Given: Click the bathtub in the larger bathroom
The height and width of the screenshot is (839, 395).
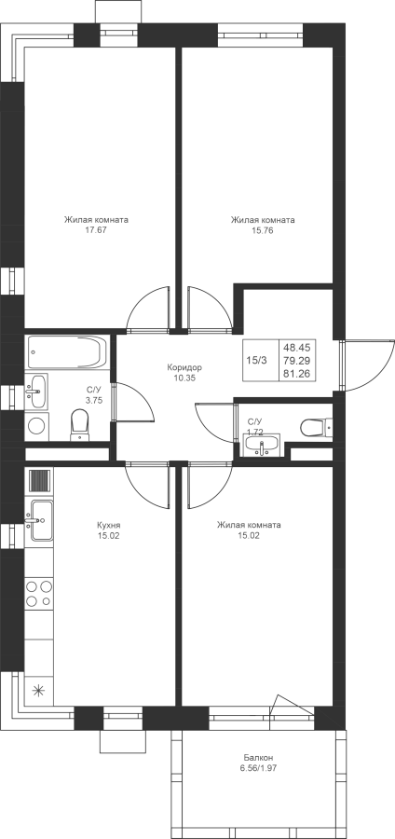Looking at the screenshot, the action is (x=67, y=352).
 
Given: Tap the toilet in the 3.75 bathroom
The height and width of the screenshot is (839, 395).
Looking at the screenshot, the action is (x=78, y=425).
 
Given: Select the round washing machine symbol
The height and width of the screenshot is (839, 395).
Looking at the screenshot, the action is (x=36, y=426).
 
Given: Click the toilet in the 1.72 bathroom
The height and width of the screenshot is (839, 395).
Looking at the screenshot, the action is (x=316, y=427).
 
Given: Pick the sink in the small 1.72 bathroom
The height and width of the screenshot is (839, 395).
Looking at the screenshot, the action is (x=262, y=445).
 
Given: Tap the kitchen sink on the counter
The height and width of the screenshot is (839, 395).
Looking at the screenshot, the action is (x=41, y=520).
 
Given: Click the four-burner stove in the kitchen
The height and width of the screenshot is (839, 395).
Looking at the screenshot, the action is (x=39, y=594).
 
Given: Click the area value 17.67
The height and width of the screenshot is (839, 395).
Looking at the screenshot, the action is (x=96, y=230).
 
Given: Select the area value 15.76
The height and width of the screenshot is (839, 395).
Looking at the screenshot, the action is (x=263, y=230).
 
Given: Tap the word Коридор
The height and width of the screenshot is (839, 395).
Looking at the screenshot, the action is (x=184, y=367).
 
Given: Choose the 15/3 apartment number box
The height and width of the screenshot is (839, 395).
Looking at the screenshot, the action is (x=256, y=361).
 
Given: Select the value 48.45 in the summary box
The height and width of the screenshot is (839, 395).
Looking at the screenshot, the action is (x=300, y=348).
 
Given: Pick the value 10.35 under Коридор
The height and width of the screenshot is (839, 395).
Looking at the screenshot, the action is (x=184, y=378).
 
